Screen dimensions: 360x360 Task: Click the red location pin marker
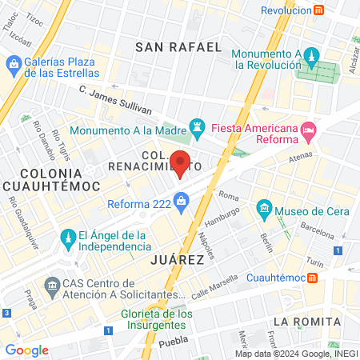pyautogui.click(x=181, y=162)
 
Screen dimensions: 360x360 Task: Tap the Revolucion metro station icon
pyautogui.click(x=319, y=10)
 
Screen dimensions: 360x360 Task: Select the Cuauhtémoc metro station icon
pyautogui.click(x=313, y=278)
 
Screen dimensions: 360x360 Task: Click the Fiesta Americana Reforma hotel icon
pyautogui.click(x=309, y=128)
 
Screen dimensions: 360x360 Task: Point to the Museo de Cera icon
pyautogui.click(x=264, y=210)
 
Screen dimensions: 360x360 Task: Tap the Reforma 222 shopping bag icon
pyautogui.click(x=182, y=202)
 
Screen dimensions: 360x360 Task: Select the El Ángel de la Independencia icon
pyautogui.click(x=67, y=237)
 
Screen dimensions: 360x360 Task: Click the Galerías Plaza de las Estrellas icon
pyautogui.click(x=14, y=62)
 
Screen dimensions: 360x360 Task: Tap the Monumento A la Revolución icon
pyautogui.click(x=313, y=56)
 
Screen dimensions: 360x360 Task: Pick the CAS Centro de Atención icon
pyautogui.click(x=53, y=285)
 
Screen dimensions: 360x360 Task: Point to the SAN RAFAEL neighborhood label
pyautogui.click(x=178, y=47)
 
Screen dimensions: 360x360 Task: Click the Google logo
pyautogui.click(x=27, y=350)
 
